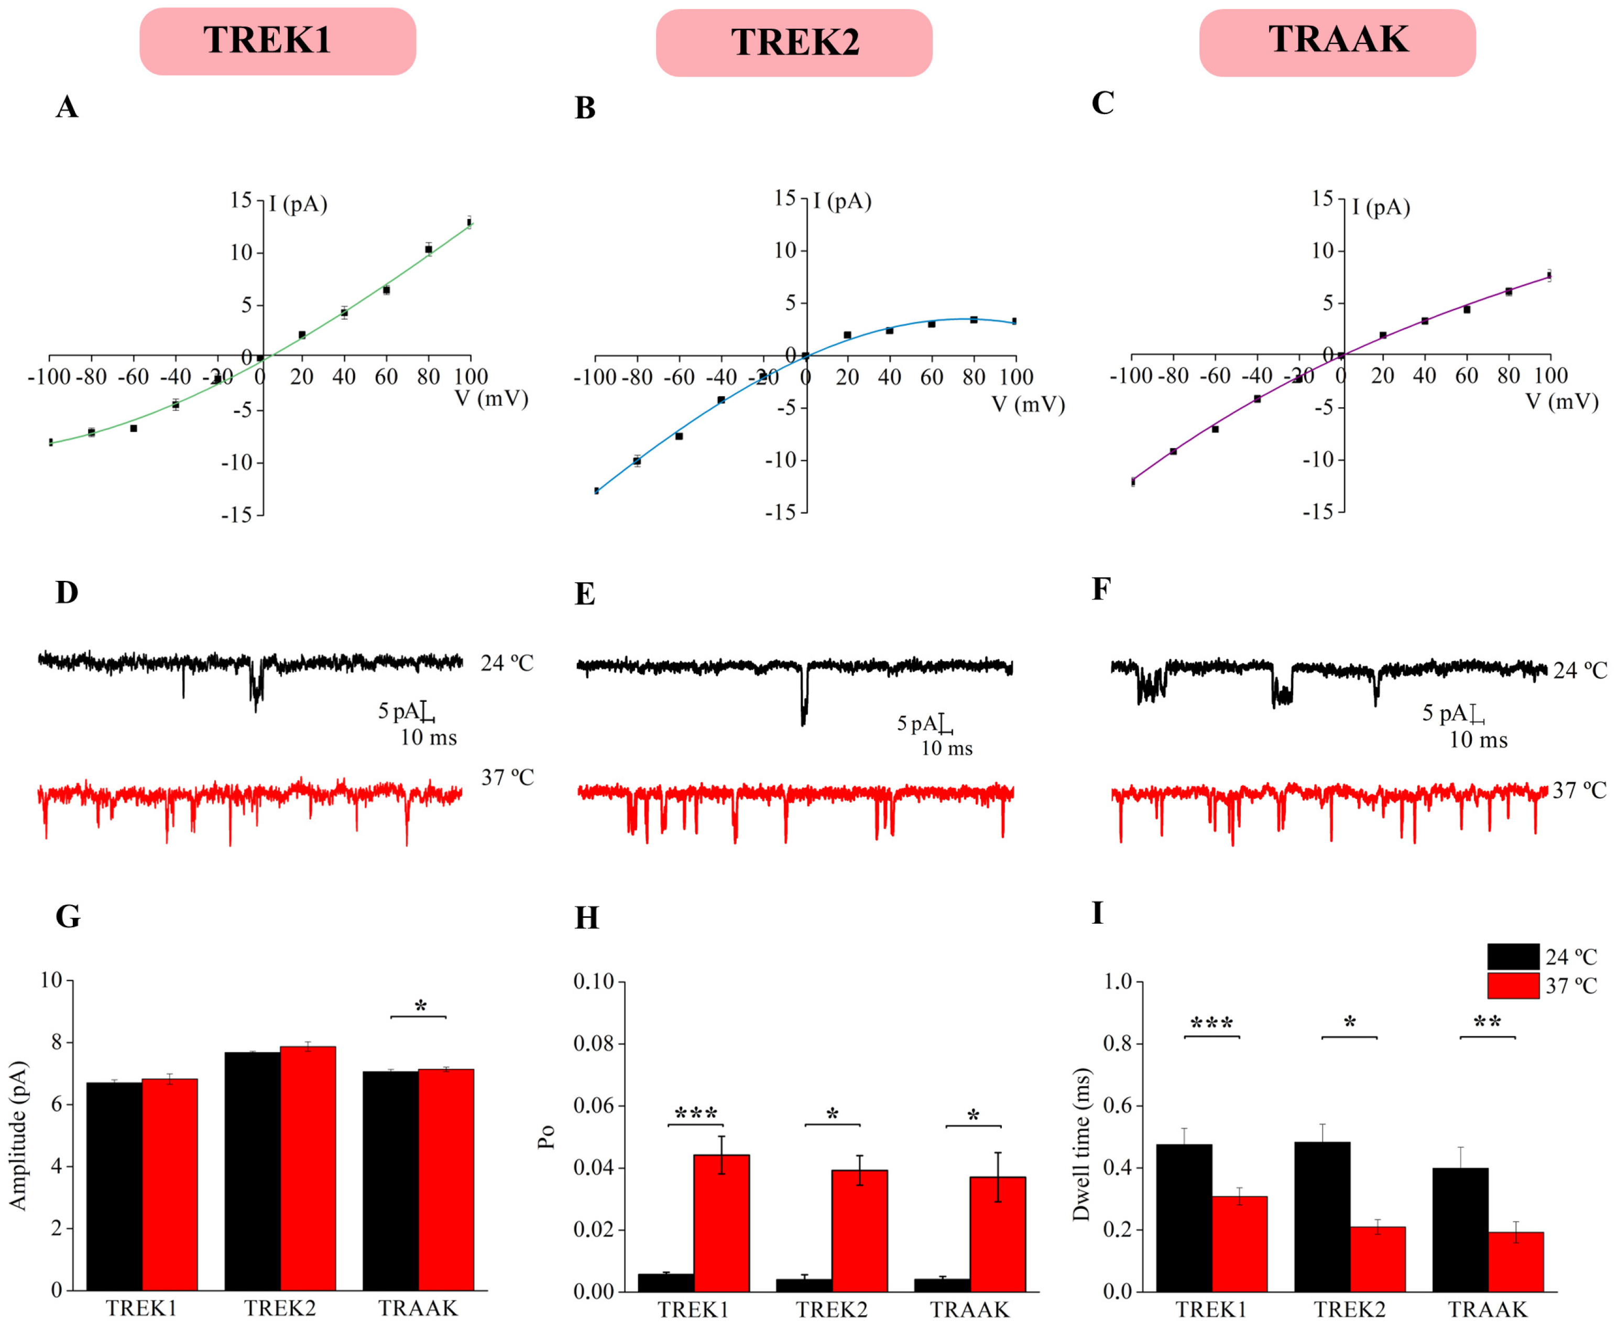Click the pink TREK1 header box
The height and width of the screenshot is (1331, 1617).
[x=277, y=41]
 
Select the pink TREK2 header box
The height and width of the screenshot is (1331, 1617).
[x=794, y=43]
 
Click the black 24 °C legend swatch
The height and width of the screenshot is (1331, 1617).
[x=1513, y=957]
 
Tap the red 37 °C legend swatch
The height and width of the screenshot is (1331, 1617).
[x=1513, y=986]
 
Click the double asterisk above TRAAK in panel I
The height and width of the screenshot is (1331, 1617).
[x=1488, y=1023]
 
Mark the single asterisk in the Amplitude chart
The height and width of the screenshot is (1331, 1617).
[x=420, y=1007]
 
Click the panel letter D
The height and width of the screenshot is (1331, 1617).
[x=67, y=593]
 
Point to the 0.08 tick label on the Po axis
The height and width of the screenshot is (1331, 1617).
[x=593, y=1044]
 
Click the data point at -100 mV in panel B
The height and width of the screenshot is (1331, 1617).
[x=596, y=491]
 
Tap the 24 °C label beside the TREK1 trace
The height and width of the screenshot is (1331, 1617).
[x=507, y=663]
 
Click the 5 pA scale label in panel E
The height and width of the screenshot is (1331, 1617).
[x=917, y=723]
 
